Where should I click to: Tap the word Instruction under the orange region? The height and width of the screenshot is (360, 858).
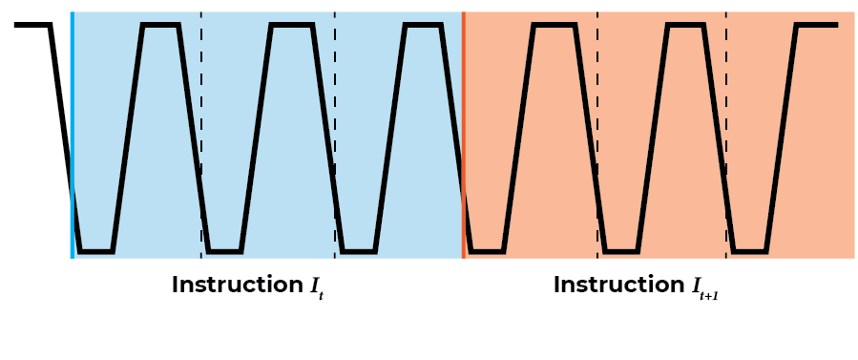(618, 285)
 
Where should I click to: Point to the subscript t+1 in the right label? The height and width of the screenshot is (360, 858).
(708, 296)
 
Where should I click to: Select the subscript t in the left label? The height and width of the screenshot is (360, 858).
(322, 296)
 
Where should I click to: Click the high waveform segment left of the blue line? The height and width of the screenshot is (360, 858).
(31, 25)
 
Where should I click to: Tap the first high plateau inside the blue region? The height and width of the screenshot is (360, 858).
(160, 25)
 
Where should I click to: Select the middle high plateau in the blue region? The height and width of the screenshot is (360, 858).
(292, 25)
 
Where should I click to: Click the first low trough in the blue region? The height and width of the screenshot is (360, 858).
(95, 252)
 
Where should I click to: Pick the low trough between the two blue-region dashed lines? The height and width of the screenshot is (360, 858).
(224, 252)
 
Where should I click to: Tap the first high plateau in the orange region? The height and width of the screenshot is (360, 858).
(555, 25)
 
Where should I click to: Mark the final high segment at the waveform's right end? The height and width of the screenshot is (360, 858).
(817, 25)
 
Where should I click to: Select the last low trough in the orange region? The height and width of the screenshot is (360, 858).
(750, 252)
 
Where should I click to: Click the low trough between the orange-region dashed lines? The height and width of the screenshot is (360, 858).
(620, 252)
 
